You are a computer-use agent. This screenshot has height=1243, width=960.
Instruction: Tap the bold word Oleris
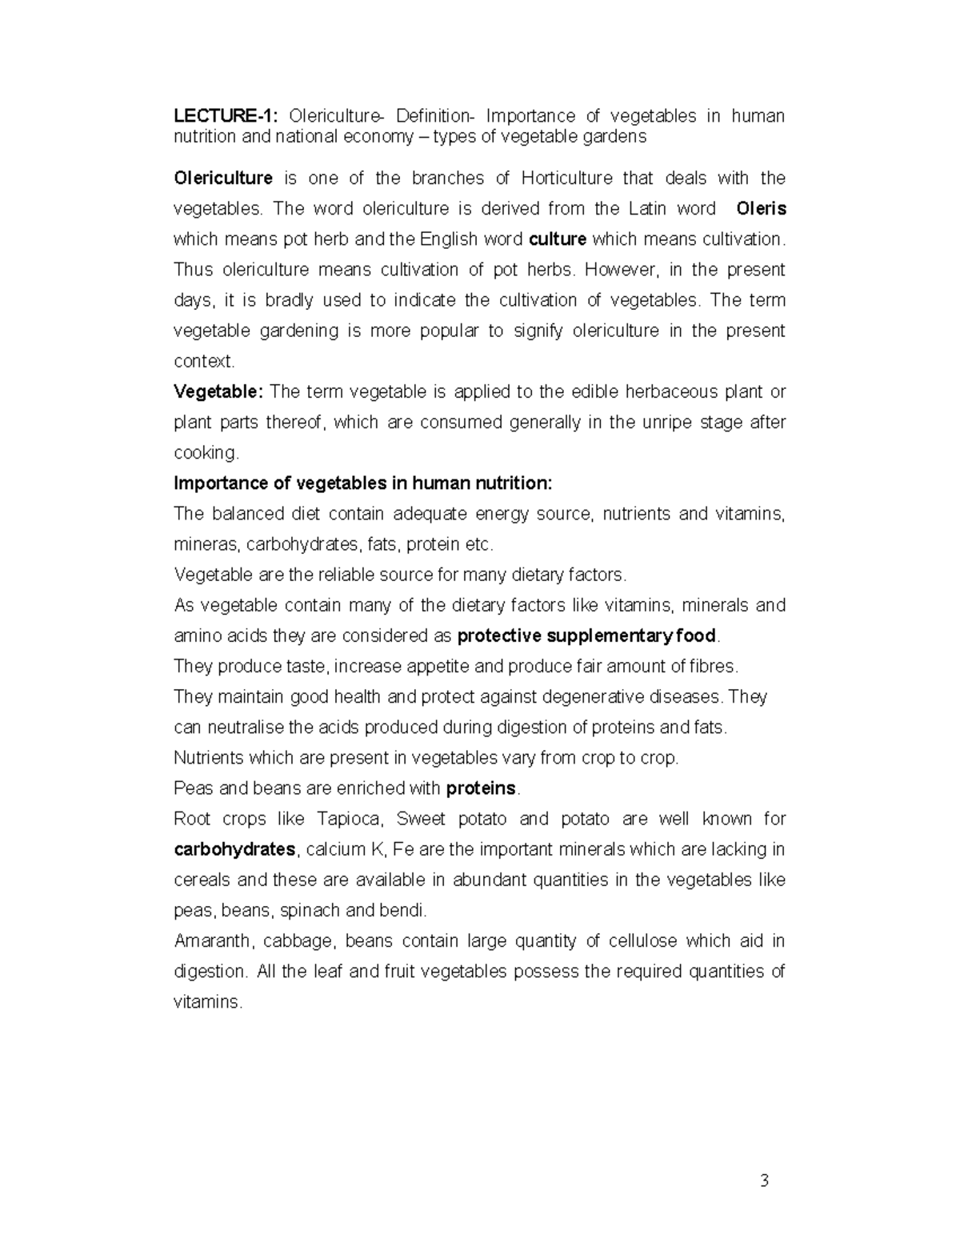coord(761,209)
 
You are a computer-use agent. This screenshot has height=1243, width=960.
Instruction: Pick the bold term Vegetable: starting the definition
coord(218,391)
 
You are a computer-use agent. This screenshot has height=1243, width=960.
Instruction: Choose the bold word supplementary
coord(609,636)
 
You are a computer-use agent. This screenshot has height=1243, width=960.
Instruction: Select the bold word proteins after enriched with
coord(481,788)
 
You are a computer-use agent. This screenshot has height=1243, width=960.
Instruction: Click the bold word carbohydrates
coord(234,849)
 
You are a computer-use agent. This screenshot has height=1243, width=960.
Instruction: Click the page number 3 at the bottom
coord(764,1181)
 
